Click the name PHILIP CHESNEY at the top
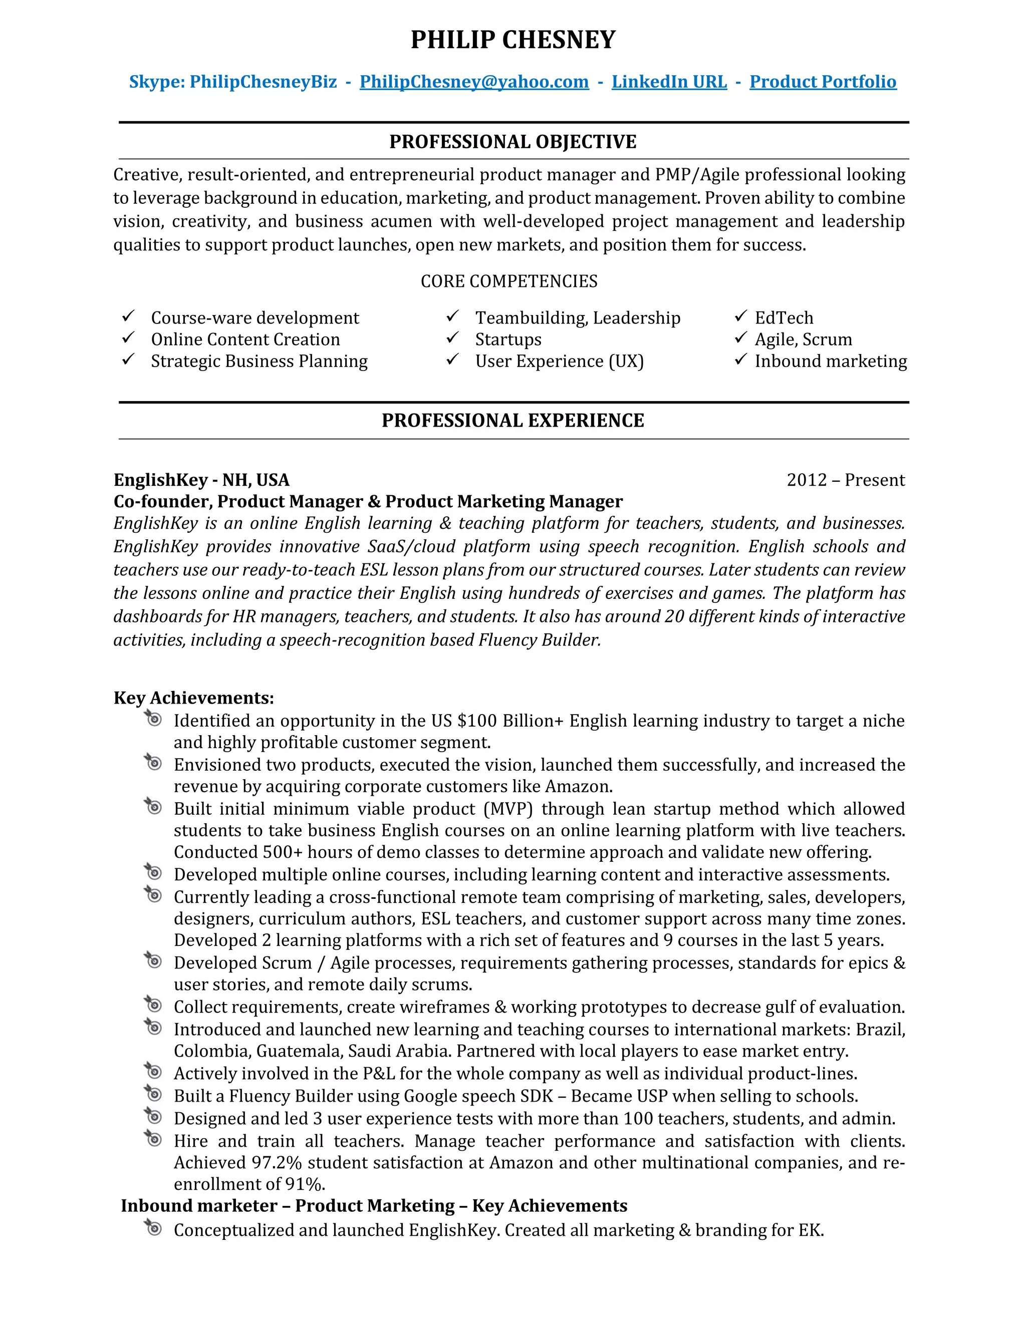tap(512, 40)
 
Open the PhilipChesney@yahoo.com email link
tap(474, 82)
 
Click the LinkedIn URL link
tap(669, 82)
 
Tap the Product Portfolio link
tap(823, 82)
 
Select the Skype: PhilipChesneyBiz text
tap(233, 82)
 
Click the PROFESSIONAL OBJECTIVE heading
tap(512, 142)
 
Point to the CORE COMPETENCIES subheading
tap(509, 281)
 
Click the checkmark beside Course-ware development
tap(128, 316)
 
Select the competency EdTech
tap(784, 318)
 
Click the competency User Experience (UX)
tap(559, 361)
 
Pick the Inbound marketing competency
tap(830, 361)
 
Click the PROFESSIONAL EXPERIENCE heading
tap(512, 421)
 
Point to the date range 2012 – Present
tap(846, 480)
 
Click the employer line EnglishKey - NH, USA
tap(201, 480)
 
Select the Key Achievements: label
tap(193, 698)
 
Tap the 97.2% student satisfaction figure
tap(277, 1162)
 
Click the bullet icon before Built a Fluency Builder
tap(153, 1094)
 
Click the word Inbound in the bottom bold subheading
tap(159, 1205)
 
